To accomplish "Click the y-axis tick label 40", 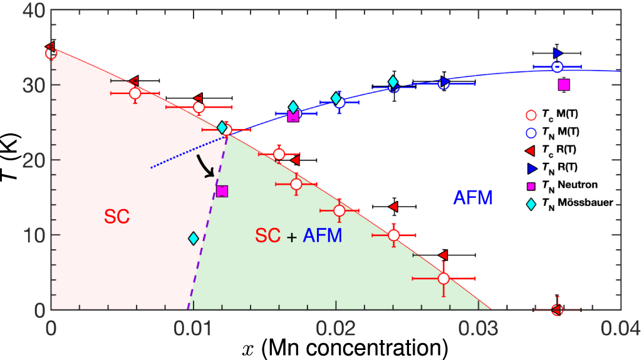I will click(x=31, y=11).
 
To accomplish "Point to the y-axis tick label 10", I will click(x=31, y=235).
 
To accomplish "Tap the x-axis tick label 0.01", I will click(x=194, y=326).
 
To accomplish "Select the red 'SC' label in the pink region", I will click(x=117, y=217).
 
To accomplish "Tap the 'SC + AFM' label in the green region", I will click(x=298, y=235).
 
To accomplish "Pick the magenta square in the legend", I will click(x=531, y=185).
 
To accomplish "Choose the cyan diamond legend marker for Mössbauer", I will click(x=531, y=203).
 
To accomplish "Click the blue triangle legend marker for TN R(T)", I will click(x=531, y=167).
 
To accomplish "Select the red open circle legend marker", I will click(x=531, y=115).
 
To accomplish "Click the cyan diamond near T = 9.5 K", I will click(x=194, y=239).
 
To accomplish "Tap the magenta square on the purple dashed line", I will click(x=222, y=191).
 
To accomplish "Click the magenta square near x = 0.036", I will click(x=564, y=85).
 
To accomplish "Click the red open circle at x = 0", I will click(x=51, y=53).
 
